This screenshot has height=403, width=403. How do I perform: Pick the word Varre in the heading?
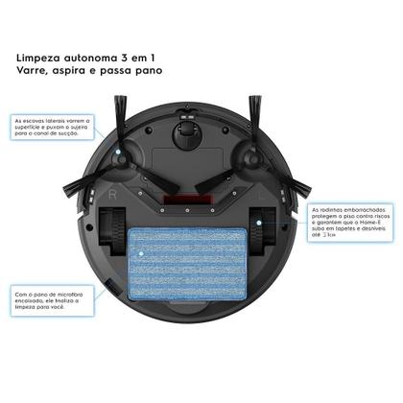pyautogui.click(x=36, y=73)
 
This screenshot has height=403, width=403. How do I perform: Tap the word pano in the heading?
pyautogui.click(x=143, y=73)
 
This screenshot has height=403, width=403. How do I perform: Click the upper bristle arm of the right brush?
pyautogui.click(x=256, y=120)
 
